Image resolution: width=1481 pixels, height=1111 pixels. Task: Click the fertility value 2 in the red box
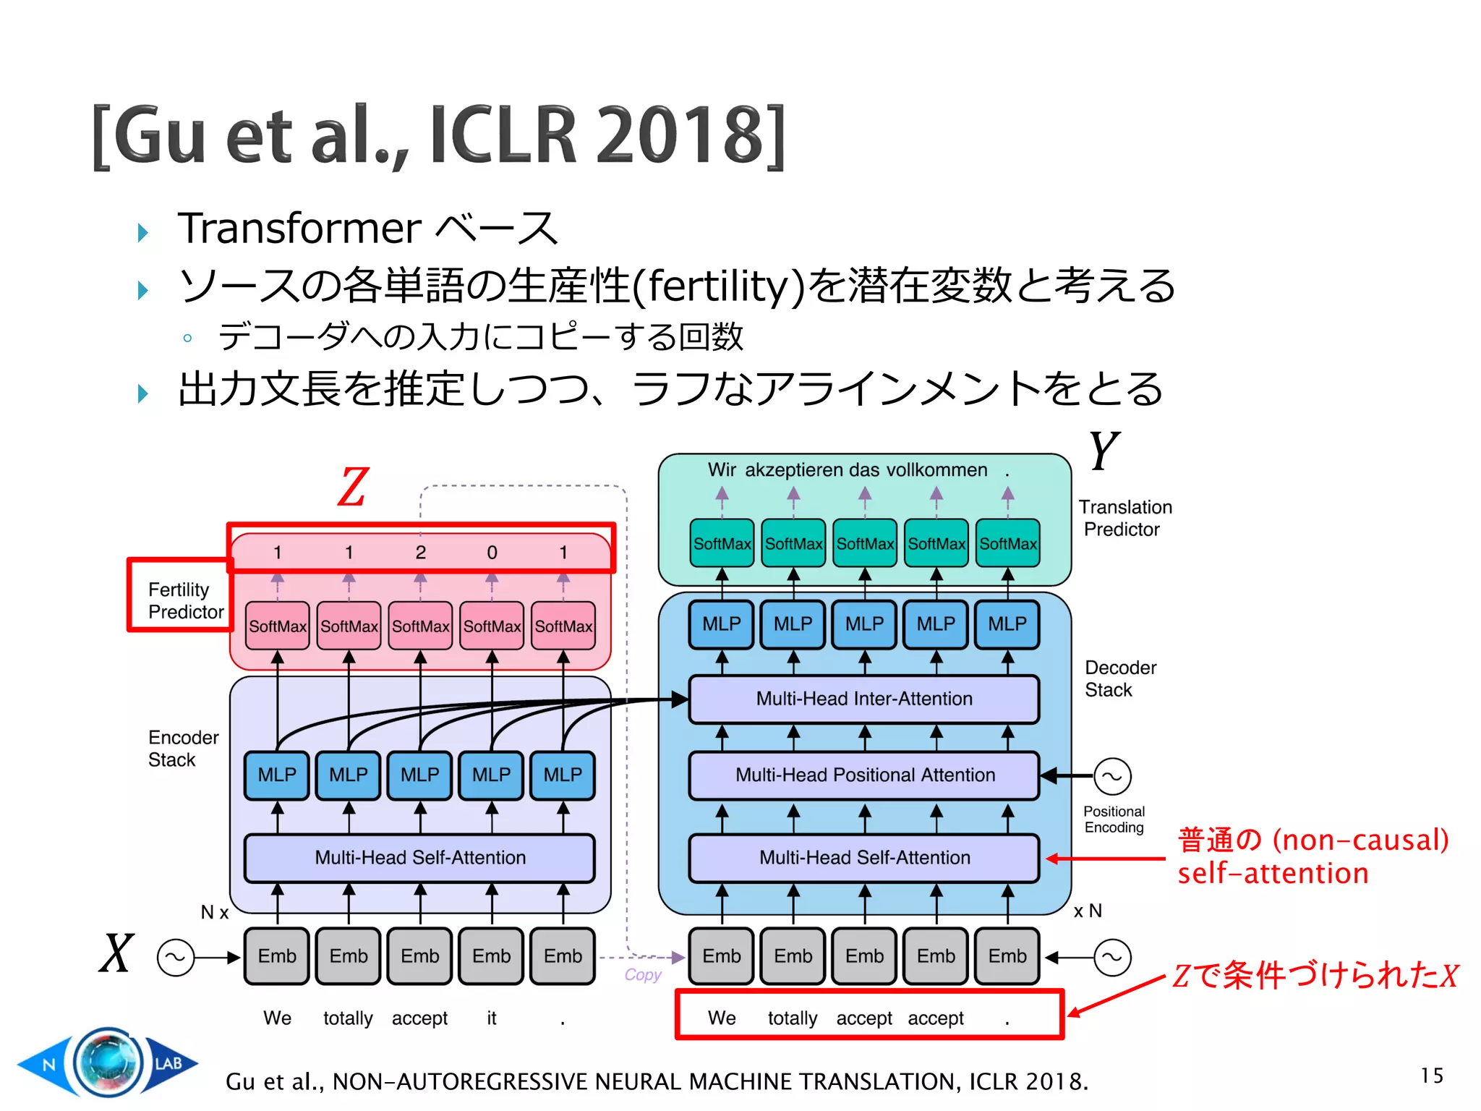pos(420,553)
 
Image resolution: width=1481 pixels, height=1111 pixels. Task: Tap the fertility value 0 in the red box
pos(492,553)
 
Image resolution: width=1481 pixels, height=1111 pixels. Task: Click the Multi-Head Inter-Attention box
pos(864,699)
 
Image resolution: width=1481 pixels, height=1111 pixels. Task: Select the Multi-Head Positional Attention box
pos(864,775)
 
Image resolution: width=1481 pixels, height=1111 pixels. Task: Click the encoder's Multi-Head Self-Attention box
pos(420,857)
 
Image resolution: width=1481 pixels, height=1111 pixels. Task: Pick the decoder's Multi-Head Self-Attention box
pos(864,857)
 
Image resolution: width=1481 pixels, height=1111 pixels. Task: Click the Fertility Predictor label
pos(185,601)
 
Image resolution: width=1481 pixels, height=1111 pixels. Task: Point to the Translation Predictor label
pos(1124,518)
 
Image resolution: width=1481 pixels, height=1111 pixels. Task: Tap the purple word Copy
pos(643,975)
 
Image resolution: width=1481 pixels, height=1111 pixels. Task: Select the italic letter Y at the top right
pos(1104,451)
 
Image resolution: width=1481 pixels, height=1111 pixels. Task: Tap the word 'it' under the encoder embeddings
pos(492,1018)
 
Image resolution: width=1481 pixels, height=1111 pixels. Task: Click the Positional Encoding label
pos(1114,820)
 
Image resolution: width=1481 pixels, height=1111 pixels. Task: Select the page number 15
pos(1431,1076)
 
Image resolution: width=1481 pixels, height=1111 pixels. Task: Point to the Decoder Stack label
pos(1119,678)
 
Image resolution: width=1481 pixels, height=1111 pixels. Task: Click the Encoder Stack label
pos(182,749)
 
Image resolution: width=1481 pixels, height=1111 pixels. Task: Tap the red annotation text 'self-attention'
pos(1273,874)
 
